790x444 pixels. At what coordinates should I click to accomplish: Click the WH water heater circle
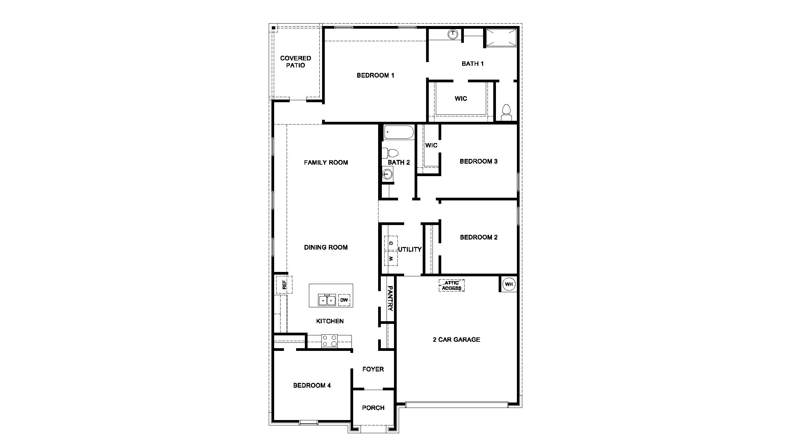pos(509,284)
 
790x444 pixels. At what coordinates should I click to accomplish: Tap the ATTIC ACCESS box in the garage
pos(452,285)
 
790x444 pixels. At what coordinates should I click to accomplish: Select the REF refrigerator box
pos(284,285)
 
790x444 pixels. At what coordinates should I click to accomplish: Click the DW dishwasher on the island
pos(344,300)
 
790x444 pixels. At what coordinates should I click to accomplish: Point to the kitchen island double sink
pos(327,300)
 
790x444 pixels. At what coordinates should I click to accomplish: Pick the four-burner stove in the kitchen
pos(329,341)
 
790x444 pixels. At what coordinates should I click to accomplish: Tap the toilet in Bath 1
pos(506,112)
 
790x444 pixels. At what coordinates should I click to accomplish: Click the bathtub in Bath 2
pos(399,133)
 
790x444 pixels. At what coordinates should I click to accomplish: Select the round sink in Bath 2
pos(387,174)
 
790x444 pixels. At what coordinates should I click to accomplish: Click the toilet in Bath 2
pos(390,153)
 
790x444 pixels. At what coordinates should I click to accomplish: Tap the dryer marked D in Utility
pos(391,243)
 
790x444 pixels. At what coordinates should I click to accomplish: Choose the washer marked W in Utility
pos(391,259)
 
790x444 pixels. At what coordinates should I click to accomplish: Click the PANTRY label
pos(390,299)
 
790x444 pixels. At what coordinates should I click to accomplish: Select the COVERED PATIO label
pos(295,62)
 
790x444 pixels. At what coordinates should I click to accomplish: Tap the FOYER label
pos(373,369)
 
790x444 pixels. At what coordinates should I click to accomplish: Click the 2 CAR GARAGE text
pos(456,339)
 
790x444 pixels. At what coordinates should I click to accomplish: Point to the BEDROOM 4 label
pos(312,385)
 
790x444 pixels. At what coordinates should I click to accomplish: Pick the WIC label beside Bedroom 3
pos(431,145)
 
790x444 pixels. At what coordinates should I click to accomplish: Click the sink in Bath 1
pos(452,34)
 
